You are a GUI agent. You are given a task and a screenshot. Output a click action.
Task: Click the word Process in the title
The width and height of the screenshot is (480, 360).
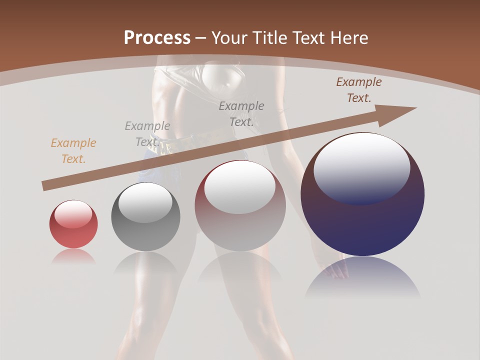157,37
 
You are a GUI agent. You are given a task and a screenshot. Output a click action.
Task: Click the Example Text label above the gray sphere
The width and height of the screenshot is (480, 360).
147,133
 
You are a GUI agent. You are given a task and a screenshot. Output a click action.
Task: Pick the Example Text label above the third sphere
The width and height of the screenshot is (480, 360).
241,113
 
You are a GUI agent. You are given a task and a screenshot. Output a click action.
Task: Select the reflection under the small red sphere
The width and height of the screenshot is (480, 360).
73,256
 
